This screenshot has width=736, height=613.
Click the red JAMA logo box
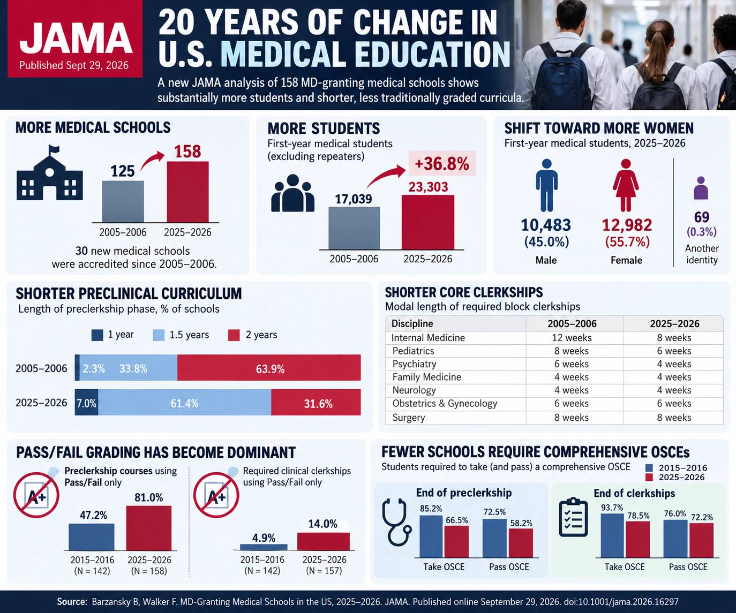tap(75, 39)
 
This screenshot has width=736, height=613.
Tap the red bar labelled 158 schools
tap(187, 192)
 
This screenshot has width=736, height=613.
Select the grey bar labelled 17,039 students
tap(354, 228)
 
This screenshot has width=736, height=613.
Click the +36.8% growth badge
tap(442, 163)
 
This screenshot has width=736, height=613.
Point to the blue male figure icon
tap(546, 185)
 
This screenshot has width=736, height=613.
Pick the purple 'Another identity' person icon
tap(701, 188)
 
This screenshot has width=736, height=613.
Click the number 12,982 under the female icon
tap(627, 225)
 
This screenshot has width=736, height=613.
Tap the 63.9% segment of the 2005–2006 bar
tap(269, 367)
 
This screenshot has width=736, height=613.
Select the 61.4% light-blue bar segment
tap(185, 402)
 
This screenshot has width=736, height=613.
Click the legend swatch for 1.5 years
tap(159, 335)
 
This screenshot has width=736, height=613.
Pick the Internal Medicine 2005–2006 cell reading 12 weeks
tap(572, 337)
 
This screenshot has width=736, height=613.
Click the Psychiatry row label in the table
tap(414, 364)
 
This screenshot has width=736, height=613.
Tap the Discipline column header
tap(412, 323)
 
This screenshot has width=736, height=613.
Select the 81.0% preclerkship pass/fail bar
tap(149, 528)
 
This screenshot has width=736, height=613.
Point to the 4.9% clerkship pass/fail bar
tap(264, 547)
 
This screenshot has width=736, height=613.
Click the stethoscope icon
tap(396, 522)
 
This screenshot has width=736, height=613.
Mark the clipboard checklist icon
tap(574, 517)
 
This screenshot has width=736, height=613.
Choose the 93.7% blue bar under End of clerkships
tap(612, 535)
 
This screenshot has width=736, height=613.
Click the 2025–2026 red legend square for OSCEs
tap(649, 478)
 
